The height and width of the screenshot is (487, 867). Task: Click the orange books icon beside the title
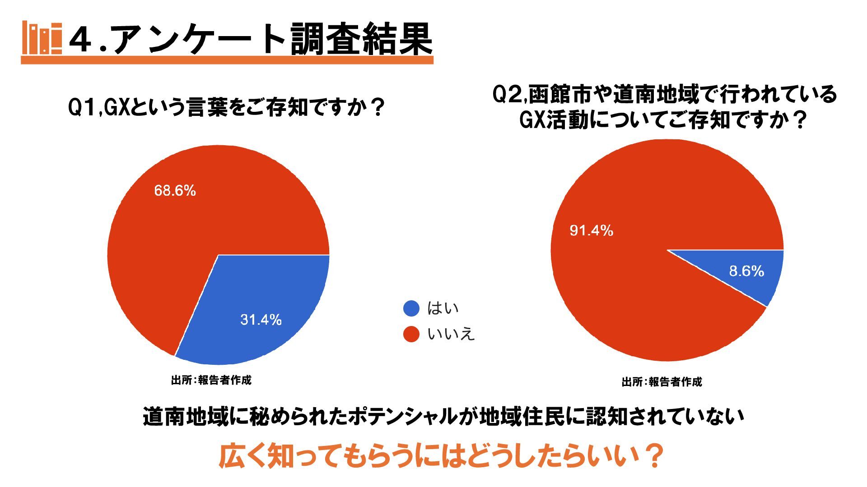pos(42,38)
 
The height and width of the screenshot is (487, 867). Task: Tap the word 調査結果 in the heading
pos(361,40)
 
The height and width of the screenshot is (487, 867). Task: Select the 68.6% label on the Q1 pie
pos(175,191)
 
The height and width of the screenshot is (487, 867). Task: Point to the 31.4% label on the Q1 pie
pos(261,320)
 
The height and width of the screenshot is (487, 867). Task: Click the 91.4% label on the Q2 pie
pos(591,231)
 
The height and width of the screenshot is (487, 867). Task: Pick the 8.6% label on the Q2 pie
pos(746,271)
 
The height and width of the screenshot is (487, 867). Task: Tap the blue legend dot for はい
pos(411,308)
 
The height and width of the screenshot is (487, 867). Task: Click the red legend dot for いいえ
pos(411,334)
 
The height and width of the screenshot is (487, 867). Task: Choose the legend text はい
pos(443,308)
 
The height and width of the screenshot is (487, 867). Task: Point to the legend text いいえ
pos(451,334)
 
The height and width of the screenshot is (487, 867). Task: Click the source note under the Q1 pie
pos(211,380)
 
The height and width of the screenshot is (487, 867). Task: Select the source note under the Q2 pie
pos(662,382)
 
